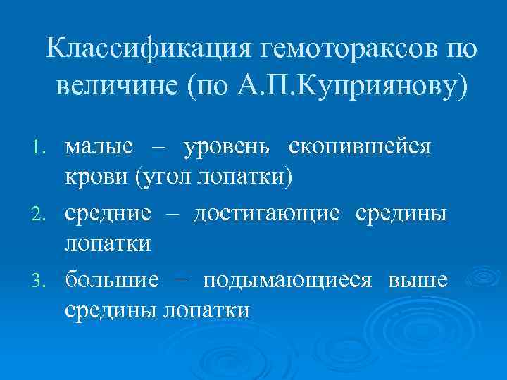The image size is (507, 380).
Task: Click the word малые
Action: (99, 148)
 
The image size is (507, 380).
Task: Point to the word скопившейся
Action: (370, 148)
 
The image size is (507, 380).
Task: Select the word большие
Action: (113, 280)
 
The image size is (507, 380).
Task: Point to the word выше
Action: (417, 280)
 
